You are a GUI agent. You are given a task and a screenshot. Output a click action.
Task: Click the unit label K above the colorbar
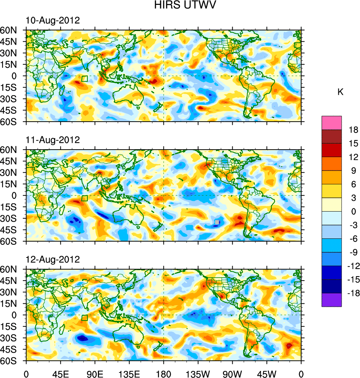(340, 92)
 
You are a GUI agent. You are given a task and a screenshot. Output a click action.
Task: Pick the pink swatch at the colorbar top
(332, 122)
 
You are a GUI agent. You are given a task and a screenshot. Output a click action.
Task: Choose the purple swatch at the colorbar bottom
(332, 300)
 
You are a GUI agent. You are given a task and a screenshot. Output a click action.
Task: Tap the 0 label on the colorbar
(353, 212)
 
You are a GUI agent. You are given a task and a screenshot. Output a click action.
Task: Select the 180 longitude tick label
(164, 373)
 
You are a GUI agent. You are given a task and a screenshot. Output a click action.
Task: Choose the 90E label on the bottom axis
(95, 373)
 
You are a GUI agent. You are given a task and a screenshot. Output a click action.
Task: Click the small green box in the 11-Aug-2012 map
(84, 198)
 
